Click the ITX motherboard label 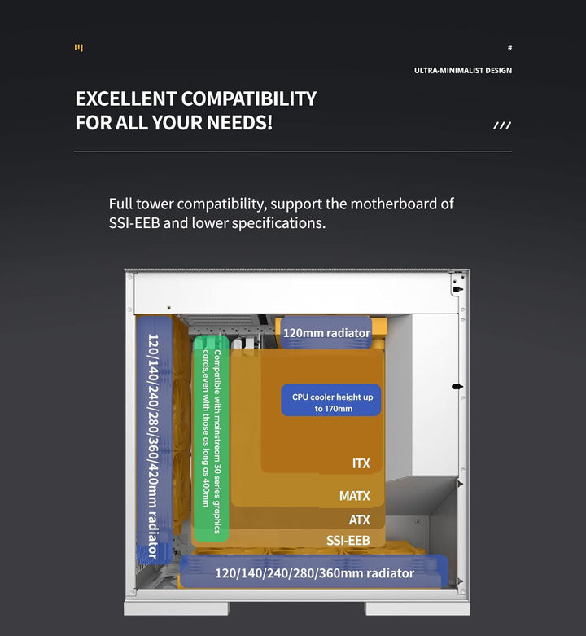(x=361, y=463)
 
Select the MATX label (x=355, y=496)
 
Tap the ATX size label (x=360, y=520)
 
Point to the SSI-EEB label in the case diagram (x=348, y=540)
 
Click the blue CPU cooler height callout (x=331, y=400)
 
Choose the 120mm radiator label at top (x=326, y=333)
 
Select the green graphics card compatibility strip (x=211, y=438)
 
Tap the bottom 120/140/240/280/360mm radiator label (x=314, y=572)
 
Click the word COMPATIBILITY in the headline (x=249, y=99)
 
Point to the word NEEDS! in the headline (x=239, y=122)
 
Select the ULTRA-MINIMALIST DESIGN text (x=463, y=71)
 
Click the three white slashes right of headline (x=502, y=125)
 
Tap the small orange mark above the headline (x=79, y=48)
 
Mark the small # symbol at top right (x=509, y=48)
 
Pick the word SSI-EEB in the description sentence (x=134, y=222)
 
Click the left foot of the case (x=177, y=608)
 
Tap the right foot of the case (x=418, y=608)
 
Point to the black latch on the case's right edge (x=457, y=387)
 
